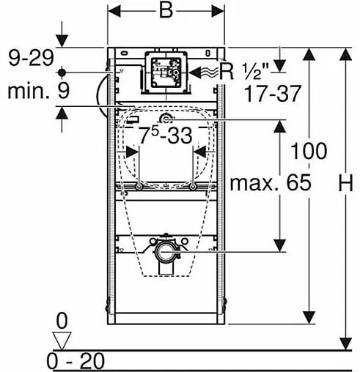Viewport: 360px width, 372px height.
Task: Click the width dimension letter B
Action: click(166, 11)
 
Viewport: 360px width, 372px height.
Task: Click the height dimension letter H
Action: click(346, 183)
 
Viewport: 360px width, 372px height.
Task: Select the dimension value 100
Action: click(309, 151)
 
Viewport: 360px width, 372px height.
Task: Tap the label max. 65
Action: click(271, 182)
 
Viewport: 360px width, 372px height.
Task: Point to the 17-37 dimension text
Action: click(272, 94)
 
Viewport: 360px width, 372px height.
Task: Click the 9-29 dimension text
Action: click(31, 58)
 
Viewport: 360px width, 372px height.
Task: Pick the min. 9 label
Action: click(39, 91)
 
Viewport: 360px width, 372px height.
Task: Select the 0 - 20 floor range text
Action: click(76, 361)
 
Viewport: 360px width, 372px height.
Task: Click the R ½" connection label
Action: click(243, 71)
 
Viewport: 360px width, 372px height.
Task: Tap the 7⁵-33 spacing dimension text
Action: click(166, 135)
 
